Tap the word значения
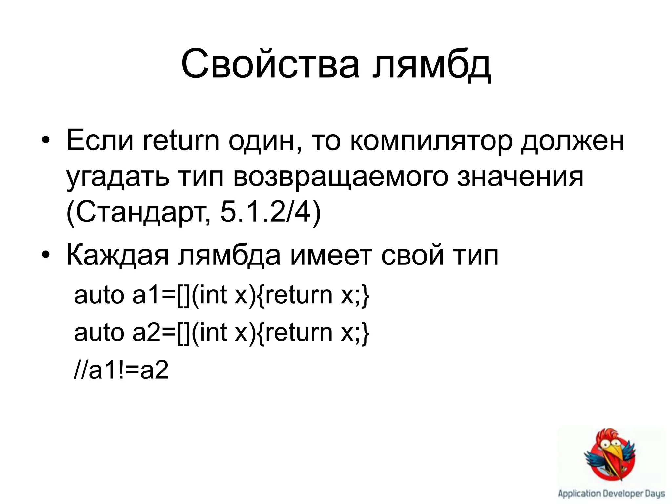(520, 177)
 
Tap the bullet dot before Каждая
(46, 256)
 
